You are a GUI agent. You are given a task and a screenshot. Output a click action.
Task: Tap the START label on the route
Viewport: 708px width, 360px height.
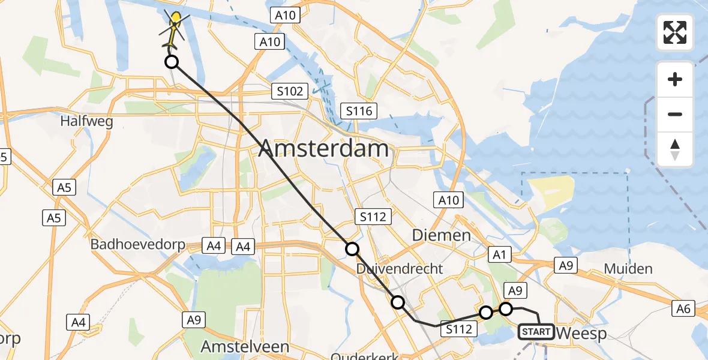pyautogui.click(x=536, y=331)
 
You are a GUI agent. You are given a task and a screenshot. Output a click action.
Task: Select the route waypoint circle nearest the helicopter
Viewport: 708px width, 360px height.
pyautogui.click(x=172, y=62)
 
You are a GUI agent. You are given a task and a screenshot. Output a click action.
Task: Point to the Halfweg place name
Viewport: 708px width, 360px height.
pyautogui.click(x=87, y=121)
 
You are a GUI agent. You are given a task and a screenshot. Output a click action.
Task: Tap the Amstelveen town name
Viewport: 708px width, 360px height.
pyautogui.click(x=244, y=346)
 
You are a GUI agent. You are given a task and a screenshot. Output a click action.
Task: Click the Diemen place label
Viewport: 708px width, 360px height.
pyautogui.click(x=441, y=235)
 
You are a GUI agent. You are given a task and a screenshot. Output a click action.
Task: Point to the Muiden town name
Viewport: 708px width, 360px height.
pyautogui.click(x=628, y=268)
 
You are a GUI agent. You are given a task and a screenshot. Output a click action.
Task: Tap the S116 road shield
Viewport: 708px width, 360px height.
pyautogui.click(x=359, y=110)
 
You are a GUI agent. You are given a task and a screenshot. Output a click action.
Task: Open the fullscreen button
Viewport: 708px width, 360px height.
pyautogui.click(x=675, y=32)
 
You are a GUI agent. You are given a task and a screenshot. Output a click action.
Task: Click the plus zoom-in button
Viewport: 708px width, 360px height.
pyautogui.click(x=675, y=79)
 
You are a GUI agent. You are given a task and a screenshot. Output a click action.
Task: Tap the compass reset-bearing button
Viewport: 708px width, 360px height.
pyautogui.click(x=675, y=149)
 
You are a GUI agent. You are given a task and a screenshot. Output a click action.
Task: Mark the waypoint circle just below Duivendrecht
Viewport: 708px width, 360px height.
pyautogui.click(x=398, y=302)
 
